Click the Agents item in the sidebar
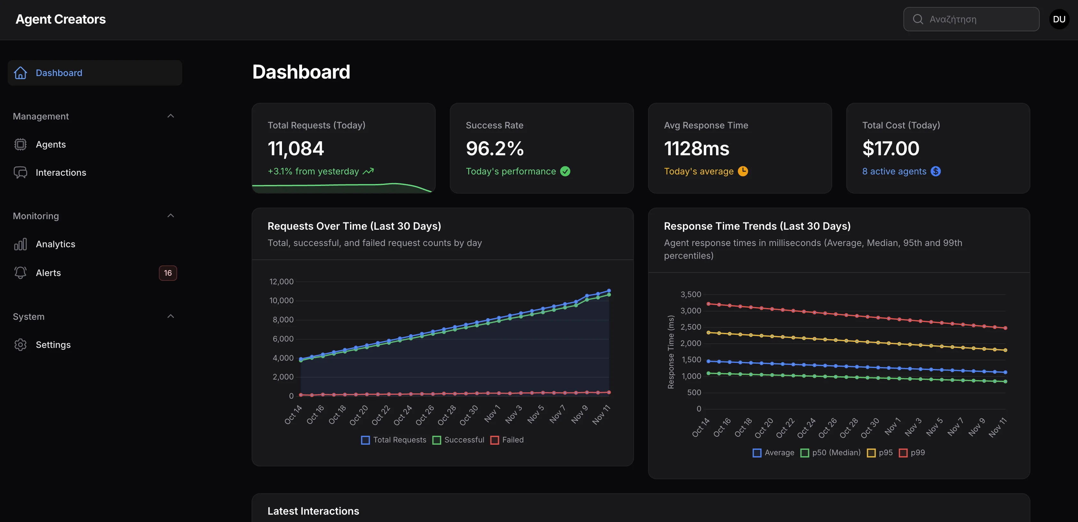pos(51,144)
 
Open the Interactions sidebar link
pos(61,172)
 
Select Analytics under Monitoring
pos(55,244)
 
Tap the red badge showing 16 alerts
pos(168,273)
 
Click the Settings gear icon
pos(20,344)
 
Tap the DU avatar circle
pos(1059,19)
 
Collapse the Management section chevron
pos(170,116)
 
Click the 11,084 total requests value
pos(295,149)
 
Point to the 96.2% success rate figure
pos(494,149)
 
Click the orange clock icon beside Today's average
pos(743,171)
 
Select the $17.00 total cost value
pos(891,149)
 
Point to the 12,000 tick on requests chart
pos(281,281)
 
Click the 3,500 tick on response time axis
pos(691,295)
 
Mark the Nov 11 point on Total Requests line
pos(609,290)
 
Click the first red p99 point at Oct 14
pos(708,304)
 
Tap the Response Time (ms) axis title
pos(671,352)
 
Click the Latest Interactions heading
pos(313,511)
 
